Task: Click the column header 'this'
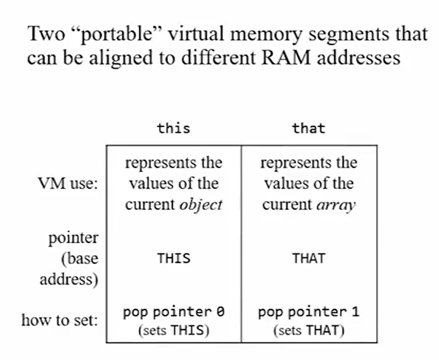click(x=173, y=128)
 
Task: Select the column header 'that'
click(x=309, y=128)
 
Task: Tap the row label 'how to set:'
click(x=59, y=320)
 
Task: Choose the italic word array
click(x=338, y=205)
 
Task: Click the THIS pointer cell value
click(x=173, y=259)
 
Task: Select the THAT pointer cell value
click(x=309, y=259)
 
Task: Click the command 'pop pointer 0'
click(x=173, y=312)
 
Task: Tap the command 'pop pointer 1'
click(x=309, y=312)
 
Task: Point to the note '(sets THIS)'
click(x=173, y=331)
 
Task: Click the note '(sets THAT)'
click(x=309, y=331)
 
